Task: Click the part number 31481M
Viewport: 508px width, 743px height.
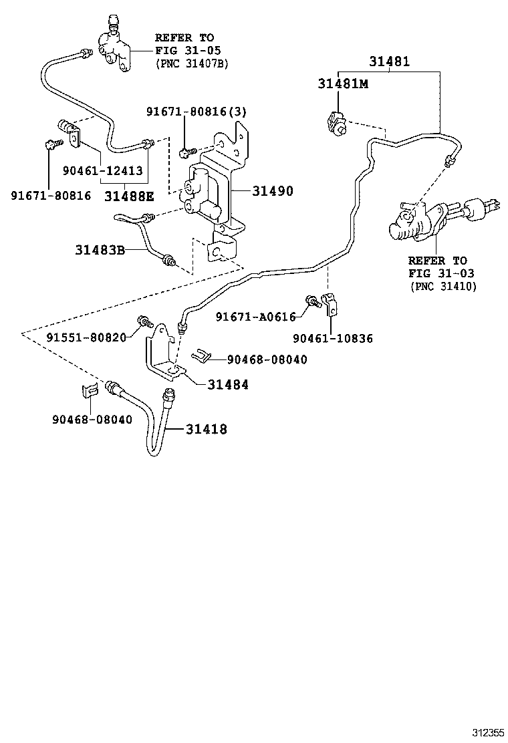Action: pyautogui.click(x=343, y=84)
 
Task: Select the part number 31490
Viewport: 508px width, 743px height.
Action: pyautogui.click(x=273, y=191)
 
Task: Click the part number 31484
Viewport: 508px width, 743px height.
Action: pyautogui.click(x=227, y=384)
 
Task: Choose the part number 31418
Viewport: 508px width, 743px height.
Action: pyautogui.click(x=206, y=429)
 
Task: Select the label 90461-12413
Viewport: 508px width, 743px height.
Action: pyautogui.click(x=102, y=170)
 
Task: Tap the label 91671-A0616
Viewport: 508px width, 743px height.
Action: pyautogui.click(x=255, y=317)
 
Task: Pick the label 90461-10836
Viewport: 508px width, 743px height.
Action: pyautogui.click(x=332, y=339)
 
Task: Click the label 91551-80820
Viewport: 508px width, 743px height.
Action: pyautogui.click(x=86, y=337)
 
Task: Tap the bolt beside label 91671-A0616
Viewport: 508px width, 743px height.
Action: pyautogui.click(x=311, y=301)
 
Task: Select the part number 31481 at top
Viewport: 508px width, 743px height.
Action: pyautogui.click(x=389, y=61)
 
